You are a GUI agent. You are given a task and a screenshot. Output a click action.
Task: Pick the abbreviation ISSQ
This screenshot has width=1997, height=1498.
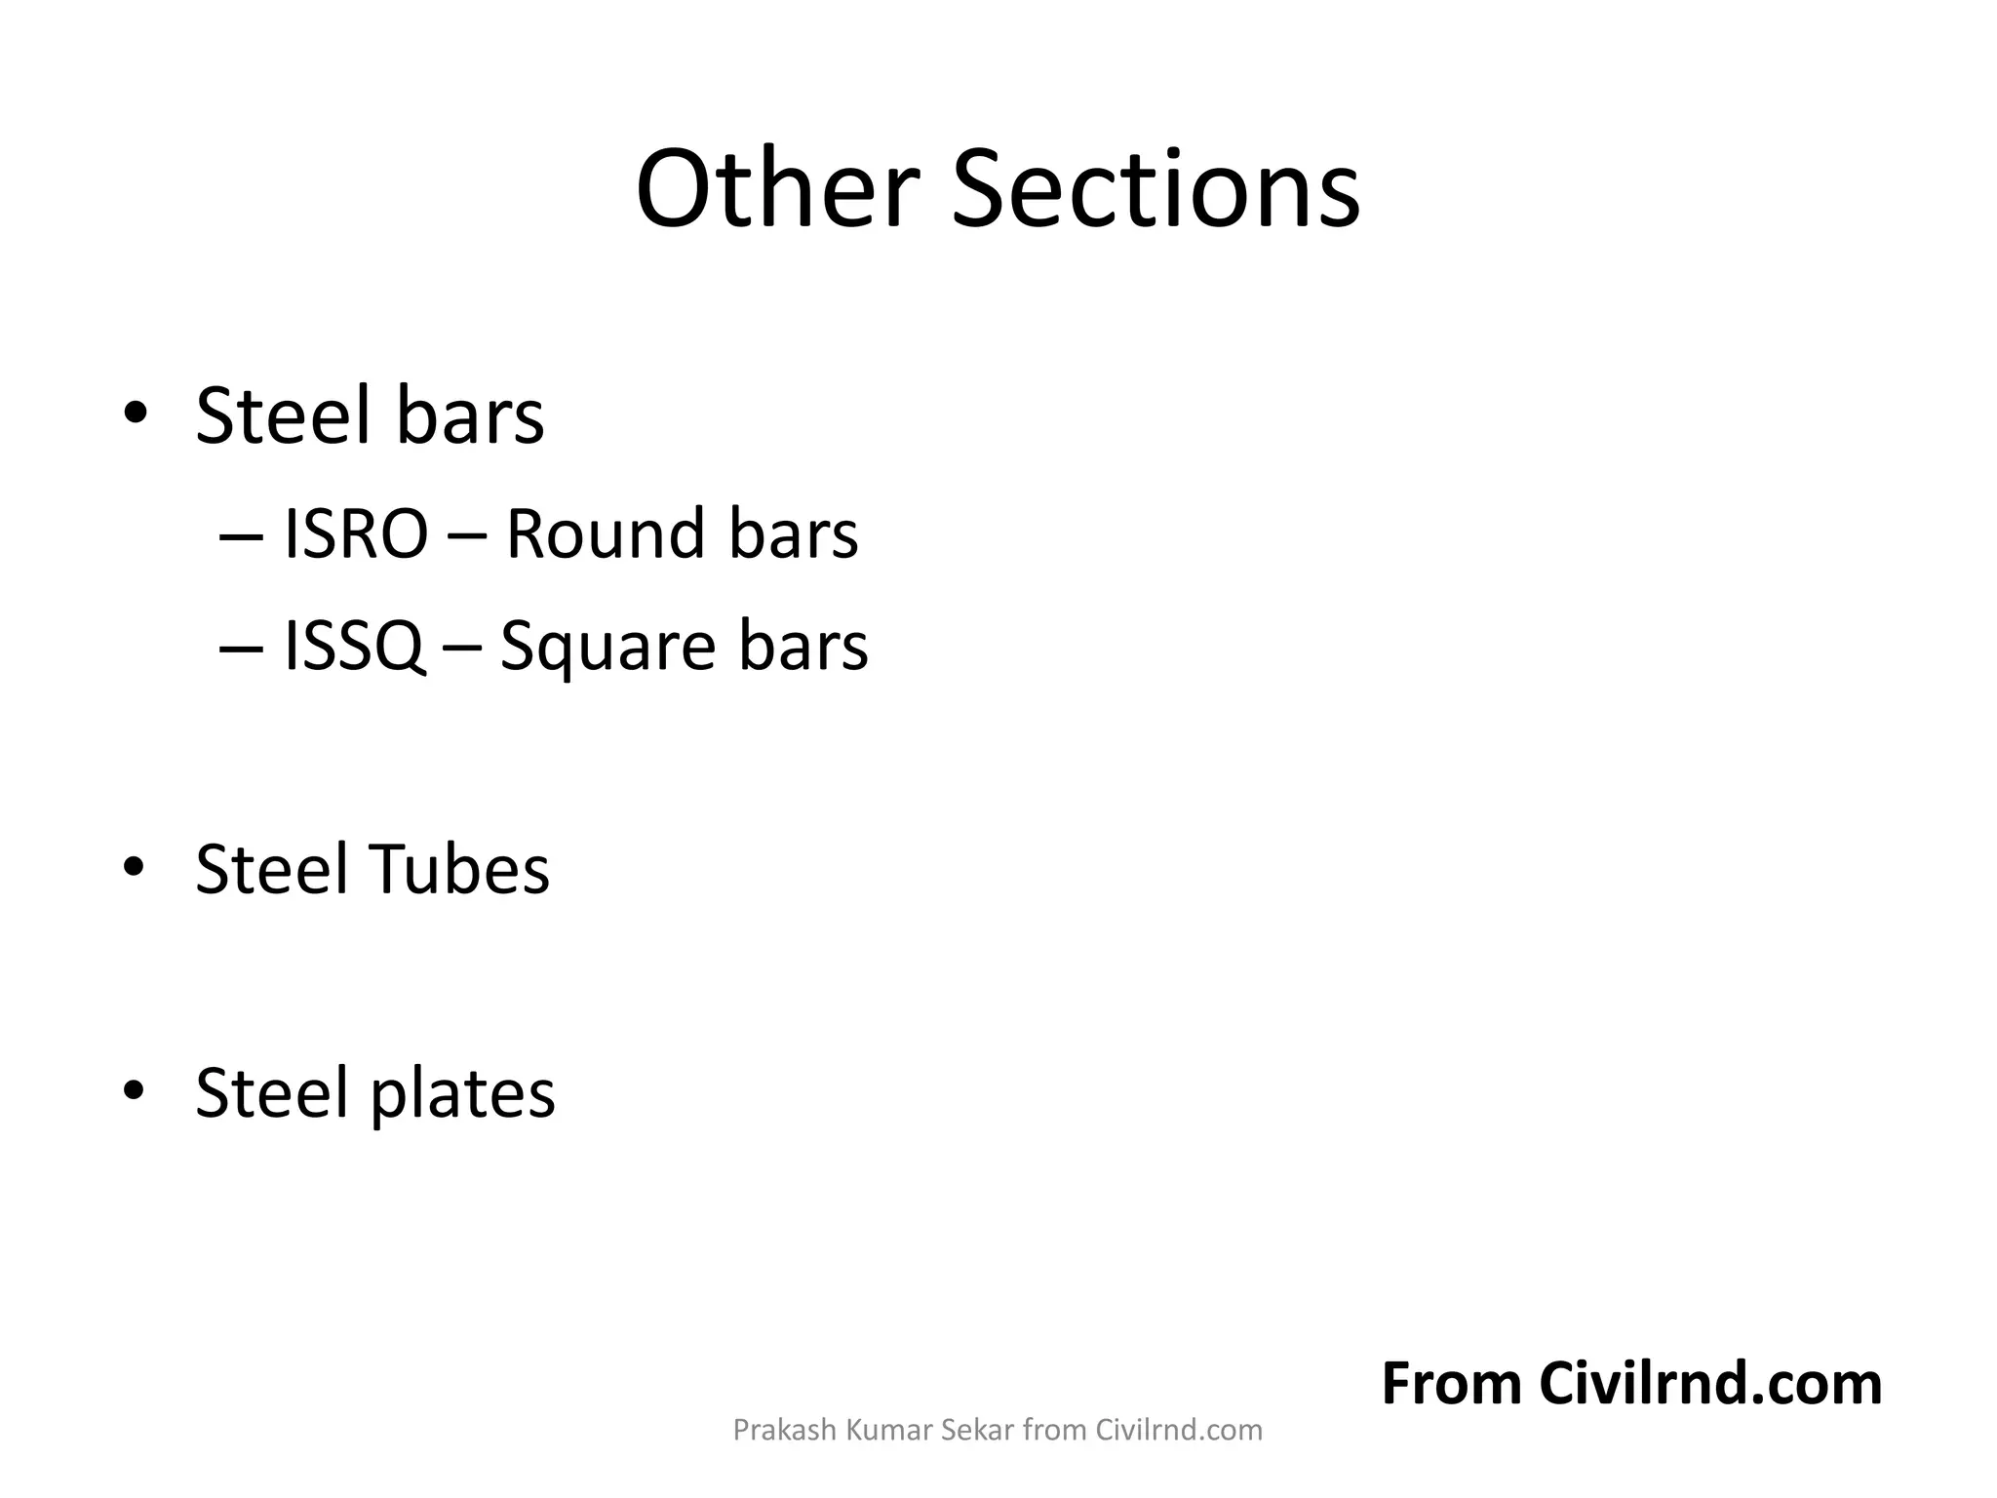pyautogui.click(x=353, y=647)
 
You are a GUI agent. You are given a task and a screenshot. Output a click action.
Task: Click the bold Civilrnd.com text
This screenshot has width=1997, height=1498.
pyautogui.click(x=1710, y=1384)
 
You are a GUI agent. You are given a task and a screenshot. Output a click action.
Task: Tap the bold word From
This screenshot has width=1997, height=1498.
pyautogui.click(x=1451, y=1384)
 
